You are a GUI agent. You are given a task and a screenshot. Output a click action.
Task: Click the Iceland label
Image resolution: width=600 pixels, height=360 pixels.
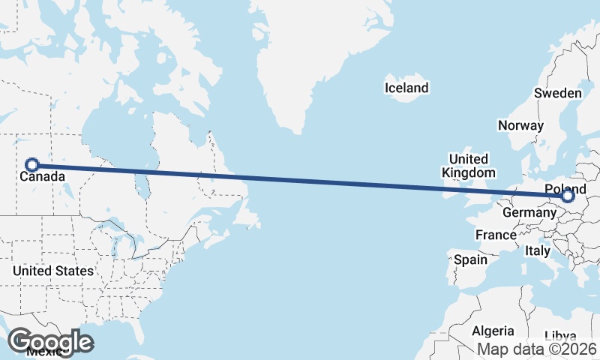point(406,88)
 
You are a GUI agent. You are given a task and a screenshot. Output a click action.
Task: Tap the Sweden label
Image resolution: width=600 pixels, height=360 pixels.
point(557,94)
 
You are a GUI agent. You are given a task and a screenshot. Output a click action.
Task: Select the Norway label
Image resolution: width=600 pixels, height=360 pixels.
point(520,126)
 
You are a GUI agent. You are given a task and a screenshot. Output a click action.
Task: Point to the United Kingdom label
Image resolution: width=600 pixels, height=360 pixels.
point(469,166)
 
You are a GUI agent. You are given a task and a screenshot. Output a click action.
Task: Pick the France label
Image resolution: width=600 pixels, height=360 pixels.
point(496,235)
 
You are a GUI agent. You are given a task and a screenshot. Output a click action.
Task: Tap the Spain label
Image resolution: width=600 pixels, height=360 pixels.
point(470,260)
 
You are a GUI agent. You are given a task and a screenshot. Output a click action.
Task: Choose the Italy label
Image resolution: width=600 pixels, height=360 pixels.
point(538,250)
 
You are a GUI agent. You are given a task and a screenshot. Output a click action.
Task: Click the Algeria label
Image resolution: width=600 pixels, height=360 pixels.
point(493,331)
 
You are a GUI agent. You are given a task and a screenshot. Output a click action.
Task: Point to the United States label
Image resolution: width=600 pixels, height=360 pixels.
point(52,271)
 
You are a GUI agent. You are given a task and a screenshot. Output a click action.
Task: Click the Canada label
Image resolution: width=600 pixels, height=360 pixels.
point(41,178)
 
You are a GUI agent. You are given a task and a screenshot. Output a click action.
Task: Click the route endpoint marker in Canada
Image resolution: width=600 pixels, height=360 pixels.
point(32,165)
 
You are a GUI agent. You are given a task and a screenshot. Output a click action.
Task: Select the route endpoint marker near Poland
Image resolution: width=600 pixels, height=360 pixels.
point(568,196)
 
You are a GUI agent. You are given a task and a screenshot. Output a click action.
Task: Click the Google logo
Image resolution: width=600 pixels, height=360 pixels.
point(50,341)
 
